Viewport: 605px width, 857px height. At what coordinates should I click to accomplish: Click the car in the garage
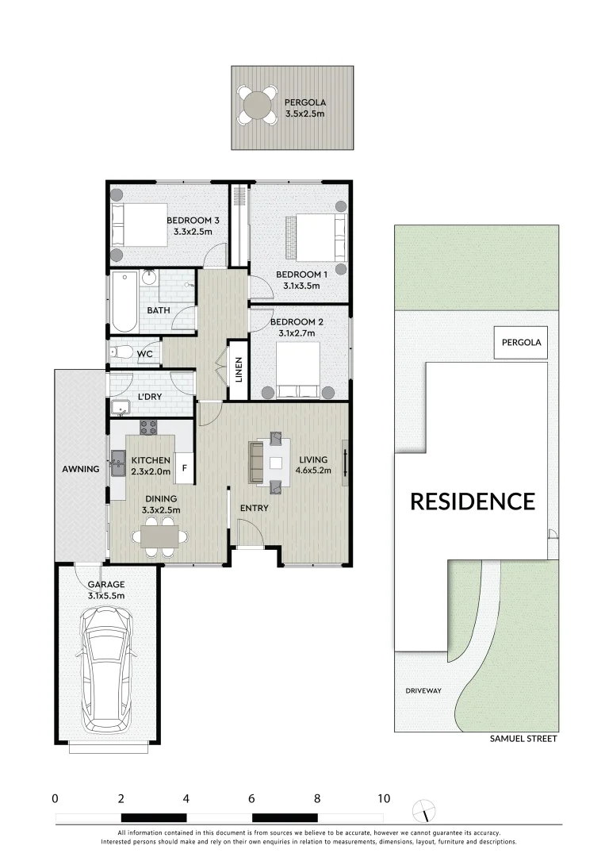point(107,667)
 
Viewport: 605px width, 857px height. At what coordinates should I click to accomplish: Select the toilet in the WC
point(120,352)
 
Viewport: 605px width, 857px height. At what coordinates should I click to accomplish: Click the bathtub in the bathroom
point(124,302)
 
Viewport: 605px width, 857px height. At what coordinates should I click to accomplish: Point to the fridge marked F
point(184,468)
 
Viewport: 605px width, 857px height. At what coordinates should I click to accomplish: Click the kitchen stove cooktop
point(148,427)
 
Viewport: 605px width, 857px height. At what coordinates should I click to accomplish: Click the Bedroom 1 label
point(297,280)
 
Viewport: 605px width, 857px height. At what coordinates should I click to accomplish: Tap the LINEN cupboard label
point(238,369)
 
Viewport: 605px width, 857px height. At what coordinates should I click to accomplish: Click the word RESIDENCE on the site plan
point(472,502)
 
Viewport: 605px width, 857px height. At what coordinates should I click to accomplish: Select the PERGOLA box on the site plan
point(521,343)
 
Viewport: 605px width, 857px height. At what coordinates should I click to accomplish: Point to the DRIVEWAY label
point(421,690)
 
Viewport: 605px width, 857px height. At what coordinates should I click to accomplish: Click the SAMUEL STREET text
point(523,739)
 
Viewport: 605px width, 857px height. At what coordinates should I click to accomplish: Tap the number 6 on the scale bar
point(251,799)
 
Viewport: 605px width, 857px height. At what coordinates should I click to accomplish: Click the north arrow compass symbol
point(427,810)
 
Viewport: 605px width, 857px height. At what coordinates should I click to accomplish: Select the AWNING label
point(80,469)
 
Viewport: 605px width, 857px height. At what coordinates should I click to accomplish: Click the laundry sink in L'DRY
point(121,409)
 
